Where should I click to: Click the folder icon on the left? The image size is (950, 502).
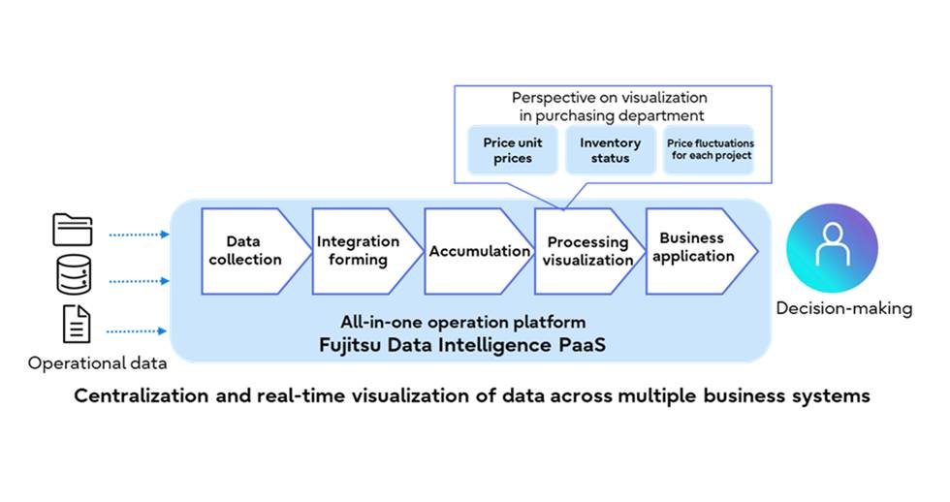(71, 230)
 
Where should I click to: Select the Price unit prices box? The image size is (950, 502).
(512, 150)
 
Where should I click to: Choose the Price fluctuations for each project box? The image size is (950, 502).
(709, 150)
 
